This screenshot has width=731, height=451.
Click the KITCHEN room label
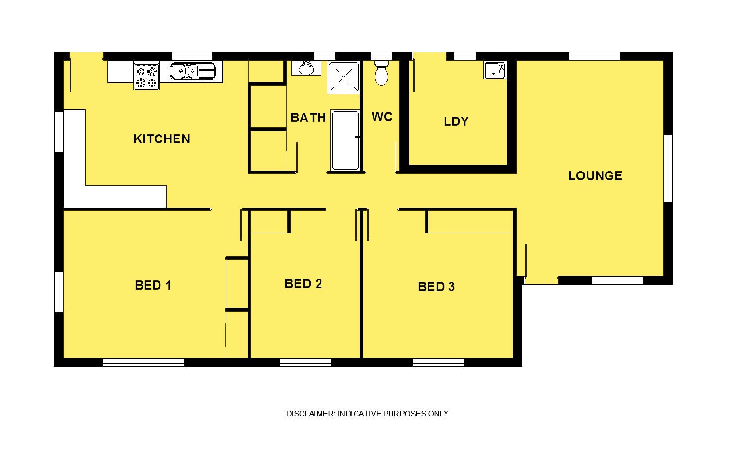tap(161, 139)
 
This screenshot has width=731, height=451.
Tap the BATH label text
tap(308, 118)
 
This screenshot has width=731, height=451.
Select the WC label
tap(381, 117)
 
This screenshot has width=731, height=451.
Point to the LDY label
tap(456, 121)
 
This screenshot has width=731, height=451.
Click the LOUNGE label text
tap(595, 176)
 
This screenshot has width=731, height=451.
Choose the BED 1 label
tap(153, 285)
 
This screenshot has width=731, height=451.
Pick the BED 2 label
tap(303, 284)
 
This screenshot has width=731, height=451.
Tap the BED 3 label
tap(436, 287)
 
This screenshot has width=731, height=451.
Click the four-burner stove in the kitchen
tap(146, 76)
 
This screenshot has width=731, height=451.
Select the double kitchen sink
tap(193, 71)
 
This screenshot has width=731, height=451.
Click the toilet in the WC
tap(381, 72)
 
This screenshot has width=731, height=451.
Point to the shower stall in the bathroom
tap(344, 78)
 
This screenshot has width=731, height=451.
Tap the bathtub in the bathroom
tap(345, 140)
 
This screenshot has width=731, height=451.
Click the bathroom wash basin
tap(306, 68)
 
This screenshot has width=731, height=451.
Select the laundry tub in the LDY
tap(495, 70)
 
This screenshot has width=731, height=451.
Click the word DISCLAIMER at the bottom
tap(310, 414)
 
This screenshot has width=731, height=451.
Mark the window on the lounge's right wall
tap(668, 168)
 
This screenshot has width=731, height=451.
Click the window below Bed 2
tap(305, 362)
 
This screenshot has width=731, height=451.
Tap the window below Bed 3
tap(438, 362)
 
